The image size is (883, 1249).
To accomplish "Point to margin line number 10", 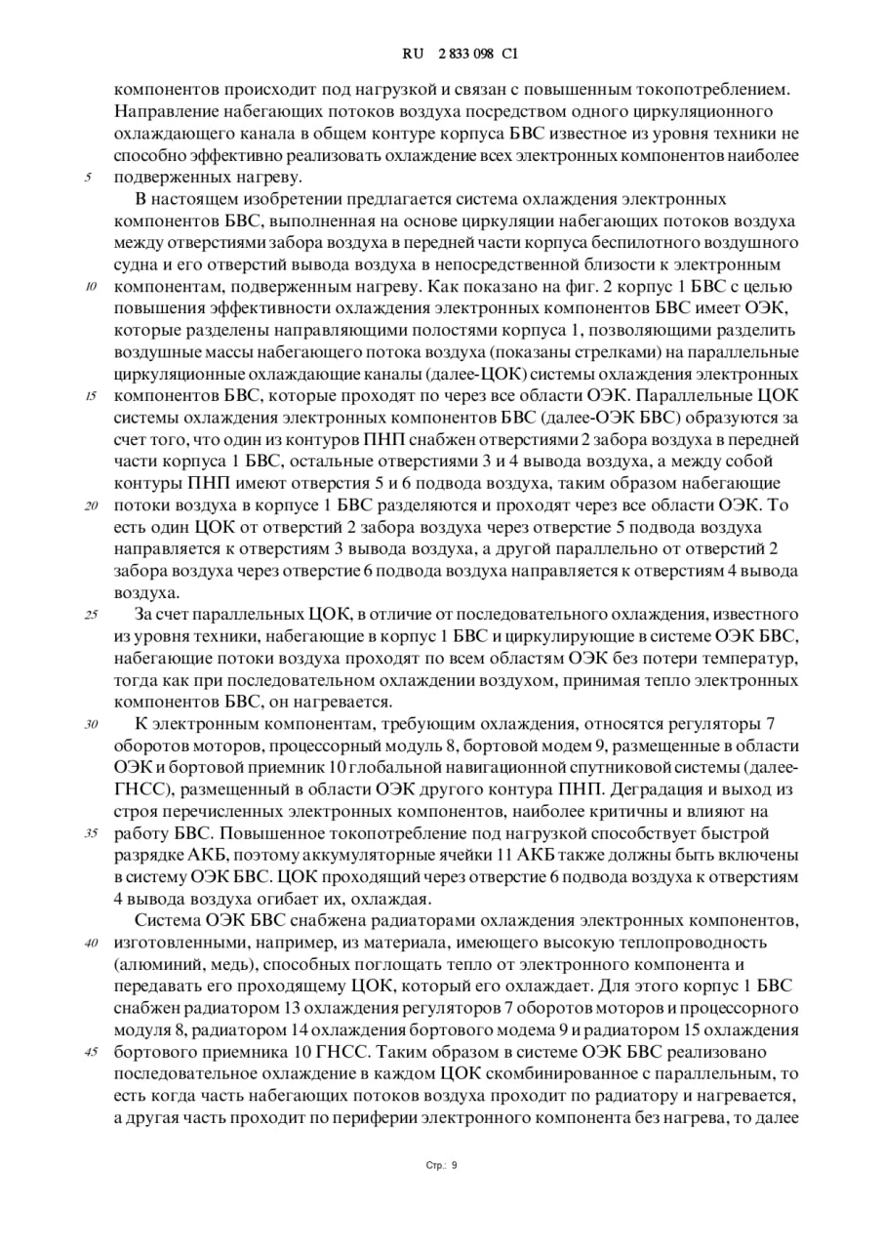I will pos(91,287).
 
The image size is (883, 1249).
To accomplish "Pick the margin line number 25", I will pos(91,615).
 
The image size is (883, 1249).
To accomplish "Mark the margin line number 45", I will pos(91,1052).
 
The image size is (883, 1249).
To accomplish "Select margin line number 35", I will pos(91,833).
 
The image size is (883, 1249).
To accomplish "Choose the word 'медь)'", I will pos(224,964).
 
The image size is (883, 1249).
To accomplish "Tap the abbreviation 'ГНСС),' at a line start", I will pos(143,789).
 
